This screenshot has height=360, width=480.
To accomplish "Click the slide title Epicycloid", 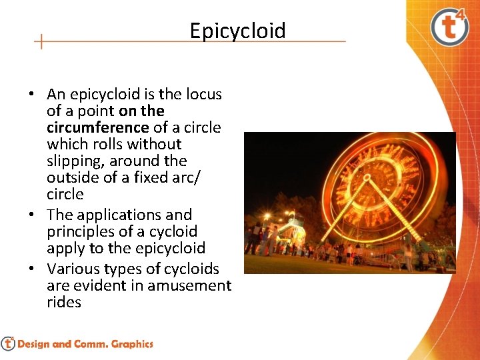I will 237,31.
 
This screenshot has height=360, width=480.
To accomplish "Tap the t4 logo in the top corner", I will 449,27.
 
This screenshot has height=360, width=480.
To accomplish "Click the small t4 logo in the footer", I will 8,343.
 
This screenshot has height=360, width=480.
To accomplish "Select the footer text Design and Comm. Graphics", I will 85,344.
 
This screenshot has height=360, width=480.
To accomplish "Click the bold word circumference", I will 98,127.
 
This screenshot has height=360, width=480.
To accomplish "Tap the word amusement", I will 189,285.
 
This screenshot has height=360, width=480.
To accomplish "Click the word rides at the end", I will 64,302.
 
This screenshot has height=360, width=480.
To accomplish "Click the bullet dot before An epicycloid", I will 31,94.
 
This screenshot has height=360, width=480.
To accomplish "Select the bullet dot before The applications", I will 31,215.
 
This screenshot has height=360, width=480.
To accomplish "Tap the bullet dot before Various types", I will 31,269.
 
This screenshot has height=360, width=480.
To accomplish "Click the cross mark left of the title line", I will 41,41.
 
